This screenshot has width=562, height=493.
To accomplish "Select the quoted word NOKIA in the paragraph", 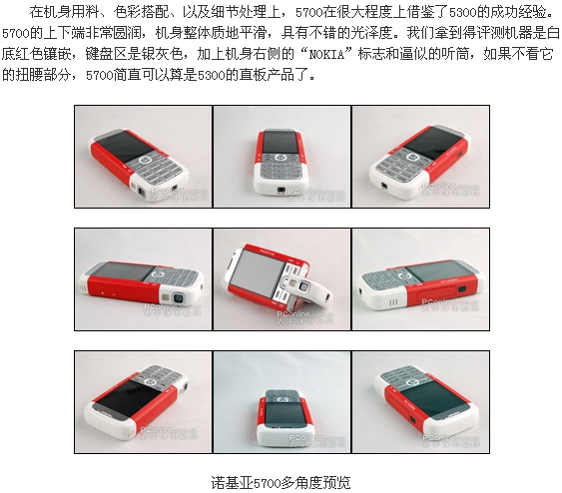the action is [326, 54].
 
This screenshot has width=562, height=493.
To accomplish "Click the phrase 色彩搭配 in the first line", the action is [141, 12].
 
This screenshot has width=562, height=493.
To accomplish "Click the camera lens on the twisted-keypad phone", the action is [305, 286].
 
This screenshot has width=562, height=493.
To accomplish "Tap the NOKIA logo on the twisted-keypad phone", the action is [267, 251].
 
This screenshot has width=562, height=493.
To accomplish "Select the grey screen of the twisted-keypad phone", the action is [256, 272].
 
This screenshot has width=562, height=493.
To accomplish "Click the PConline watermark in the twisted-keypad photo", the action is [304, 317].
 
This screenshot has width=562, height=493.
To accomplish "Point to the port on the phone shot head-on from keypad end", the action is [281, 190].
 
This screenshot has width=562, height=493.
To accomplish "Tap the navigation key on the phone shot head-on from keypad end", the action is [281, 158].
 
